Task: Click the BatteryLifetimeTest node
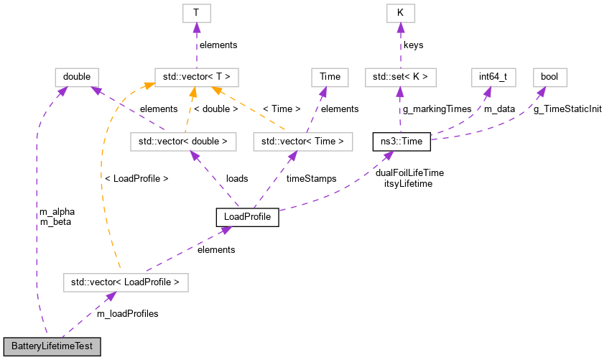pyautogui.click(x=52, y=346)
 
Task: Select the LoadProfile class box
pyautogui.click(x=247, y=216)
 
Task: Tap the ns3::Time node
pyautogui.click(x=402, y=142)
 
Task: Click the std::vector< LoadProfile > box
pyautogui.click(x=126, y=282)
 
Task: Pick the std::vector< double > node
pyautogui.click(x=183, y=142)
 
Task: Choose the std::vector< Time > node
pyautogui.click(x=304, y=142)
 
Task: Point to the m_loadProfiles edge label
pyautogui.click(x=127, y=313)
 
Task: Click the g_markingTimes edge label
pyautogui.click(x=437, y=109)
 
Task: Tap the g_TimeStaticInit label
pyautogui.click(x=567, y=109)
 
